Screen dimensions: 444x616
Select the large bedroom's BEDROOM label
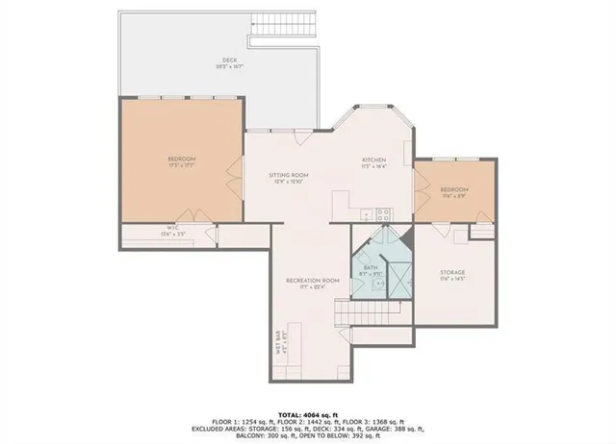[181, 158]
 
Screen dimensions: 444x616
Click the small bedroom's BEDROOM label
[453, 189]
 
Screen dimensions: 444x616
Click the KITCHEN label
[373, 160]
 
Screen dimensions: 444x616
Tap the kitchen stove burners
[381, 212]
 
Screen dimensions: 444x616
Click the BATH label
[371, 268]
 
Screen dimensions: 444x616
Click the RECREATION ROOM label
[313, 280]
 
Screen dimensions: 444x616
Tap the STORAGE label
[452, 272]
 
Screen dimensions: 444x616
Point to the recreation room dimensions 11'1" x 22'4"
[313, 286]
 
